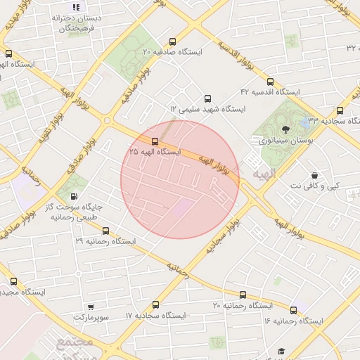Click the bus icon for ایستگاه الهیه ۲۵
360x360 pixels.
click(x=155, y=141)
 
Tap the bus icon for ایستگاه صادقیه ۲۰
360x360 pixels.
click(x=173, y=41)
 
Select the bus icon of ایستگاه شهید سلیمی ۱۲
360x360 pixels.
click(x=207, y=99)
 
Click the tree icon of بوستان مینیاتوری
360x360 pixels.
click(x=285, y=129)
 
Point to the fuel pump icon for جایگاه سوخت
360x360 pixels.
click(x=75, y=196)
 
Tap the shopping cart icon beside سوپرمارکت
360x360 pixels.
click(x=91, y=307)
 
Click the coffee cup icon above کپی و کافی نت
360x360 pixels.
click(x=314, y=174)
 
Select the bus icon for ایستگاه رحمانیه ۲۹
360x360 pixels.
click(x=105, y=230)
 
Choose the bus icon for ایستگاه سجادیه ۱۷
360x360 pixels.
click(x=155, y=305)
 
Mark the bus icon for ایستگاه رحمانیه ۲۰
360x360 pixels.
click(x=243, y=295)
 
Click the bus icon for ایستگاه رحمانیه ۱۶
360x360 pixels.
click(x=293, y=310)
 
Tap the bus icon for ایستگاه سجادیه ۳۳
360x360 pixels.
click(x=340, y=110)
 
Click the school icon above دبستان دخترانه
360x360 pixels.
click(x=76, y=7)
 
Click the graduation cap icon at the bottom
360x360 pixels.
click(x=282, y=351)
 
